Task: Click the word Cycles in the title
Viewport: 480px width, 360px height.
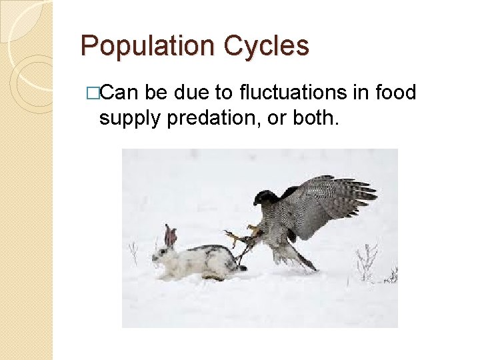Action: pos(267,46)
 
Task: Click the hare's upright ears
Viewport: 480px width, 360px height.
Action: pos(171,235)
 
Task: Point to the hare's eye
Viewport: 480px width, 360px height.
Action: pos(165,251)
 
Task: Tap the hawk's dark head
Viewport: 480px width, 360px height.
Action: pos(265,198)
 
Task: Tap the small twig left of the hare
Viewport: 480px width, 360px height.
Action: pos(133,253)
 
